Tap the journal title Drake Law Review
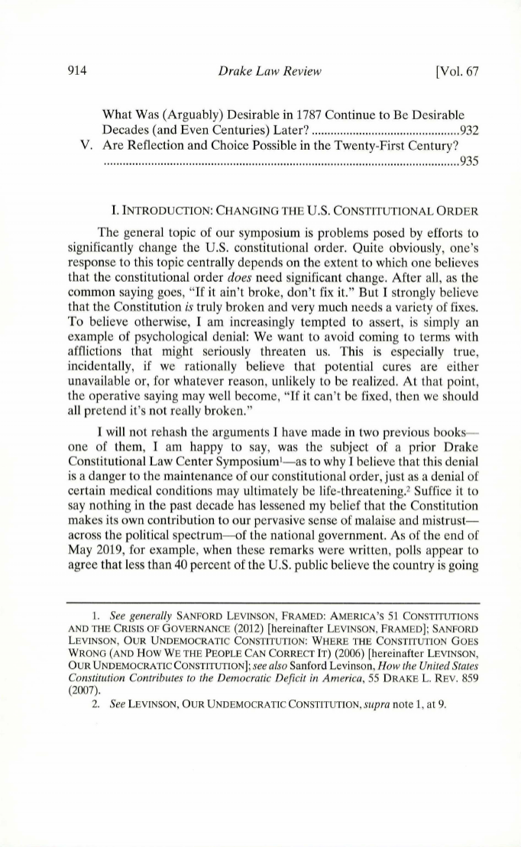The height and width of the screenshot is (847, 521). pyautogui.click(x=260, y=73)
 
